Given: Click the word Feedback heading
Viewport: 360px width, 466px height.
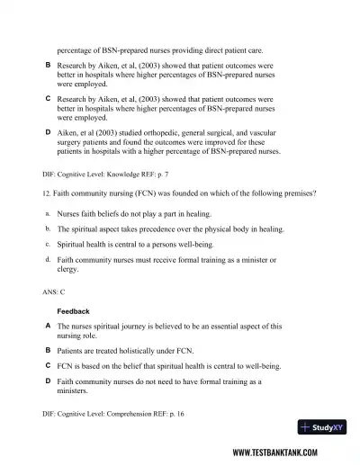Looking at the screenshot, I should coord(74,311).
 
